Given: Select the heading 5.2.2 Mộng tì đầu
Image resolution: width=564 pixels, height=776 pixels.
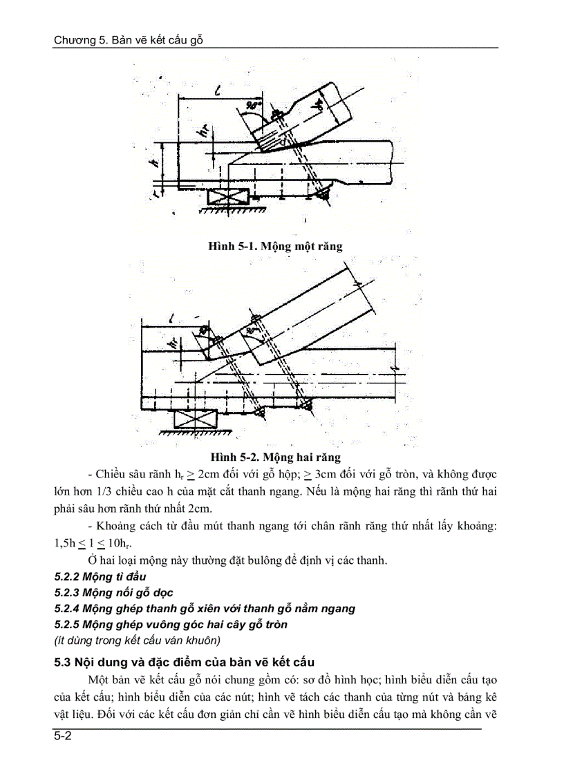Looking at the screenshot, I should point(100,576).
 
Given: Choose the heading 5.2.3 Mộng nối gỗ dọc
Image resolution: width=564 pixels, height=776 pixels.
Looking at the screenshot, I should point(113,592).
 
